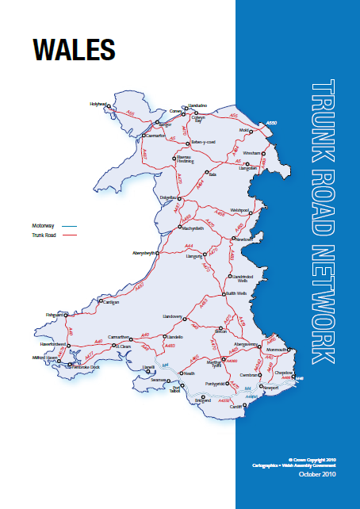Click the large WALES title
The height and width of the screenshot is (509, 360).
(x=74, y=48)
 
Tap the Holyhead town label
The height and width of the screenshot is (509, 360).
(x=98, y=103)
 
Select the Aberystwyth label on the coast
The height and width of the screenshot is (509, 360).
(x=144, y=252)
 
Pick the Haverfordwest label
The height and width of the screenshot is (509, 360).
(x=53, y=346)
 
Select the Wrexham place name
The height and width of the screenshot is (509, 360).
(x=252, y=151)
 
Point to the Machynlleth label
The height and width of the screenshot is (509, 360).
(x=193, y=228)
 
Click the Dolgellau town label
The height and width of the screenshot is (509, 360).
(x=169, y=197)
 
